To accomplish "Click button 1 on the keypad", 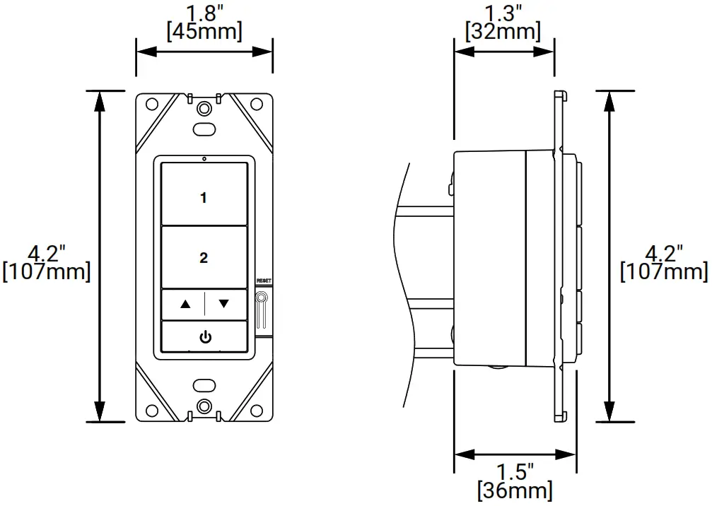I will [204, 197].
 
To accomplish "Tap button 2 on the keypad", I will [204, 258].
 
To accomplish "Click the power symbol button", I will [204, 337].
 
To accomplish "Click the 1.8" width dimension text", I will [204, 12].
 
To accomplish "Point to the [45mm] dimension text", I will [204, 30].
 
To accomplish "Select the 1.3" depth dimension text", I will [503, 12].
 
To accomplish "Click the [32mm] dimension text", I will [503, 30].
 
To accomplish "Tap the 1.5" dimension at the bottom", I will [515, 471].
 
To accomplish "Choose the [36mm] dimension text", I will [515, 489].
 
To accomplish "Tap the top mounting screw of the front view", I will [204, 109].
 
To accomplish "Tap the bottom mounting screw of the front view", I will [204, 406].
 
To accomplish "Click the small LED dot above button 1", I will [204, 158].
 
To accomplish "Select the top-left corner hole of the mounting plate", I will [151, 105].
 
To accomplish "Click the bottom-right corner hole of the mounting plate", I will [257, 409].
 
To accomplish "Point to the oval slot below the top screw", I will [204, 129].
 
